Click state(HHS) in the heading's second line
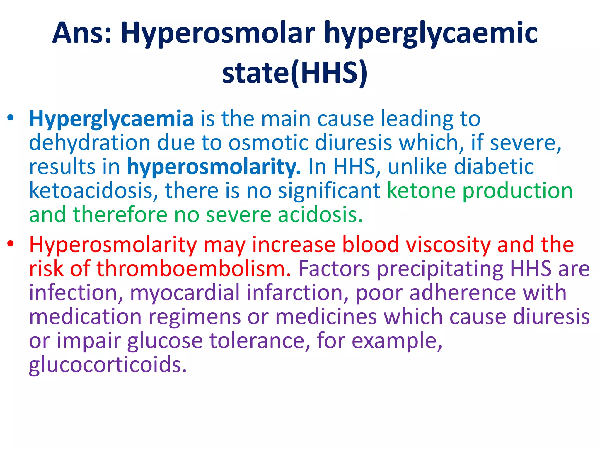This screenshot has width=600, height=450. coord(294,72)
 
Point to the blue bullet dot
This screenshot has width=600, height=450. coord(11,118)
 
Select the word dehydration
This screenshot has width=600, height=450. coord(90,143)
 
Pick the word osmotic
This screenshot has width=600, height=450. coord(268,143)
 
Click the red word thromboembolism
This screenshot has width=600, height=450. coord(194,269)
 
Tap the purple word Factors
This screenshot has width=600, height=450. coord(334,269)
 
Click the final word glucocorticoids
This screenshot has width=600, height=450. coord(108,365)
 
